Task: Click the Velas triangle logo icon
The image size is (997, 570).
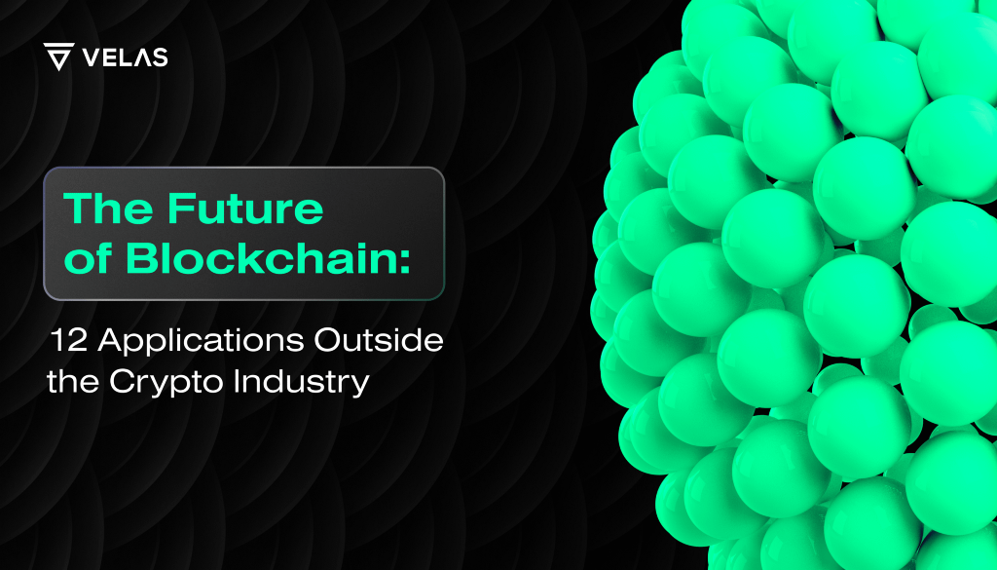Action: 58,56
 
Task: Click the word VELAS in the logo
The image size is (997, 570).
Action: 126,57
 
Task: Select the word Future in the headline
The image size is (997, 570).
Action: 246,208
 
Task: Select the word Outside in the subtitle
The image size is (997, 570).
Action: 379,340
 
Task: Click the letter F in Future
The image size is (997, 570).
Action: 180,208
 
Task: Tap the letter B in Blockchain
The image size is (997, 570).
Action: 141,258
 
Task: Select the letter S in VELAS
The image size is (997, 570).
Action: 160,57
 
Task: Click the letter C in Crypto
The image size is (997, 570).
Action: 122,382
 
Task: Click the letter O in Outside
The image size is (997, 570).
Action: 328,340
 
